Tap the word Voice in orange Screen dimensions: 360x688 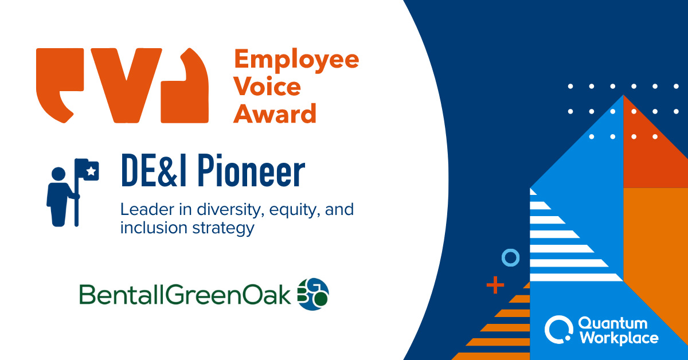pos(267,87)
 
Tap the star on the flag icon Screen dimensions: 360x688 pos(91,170)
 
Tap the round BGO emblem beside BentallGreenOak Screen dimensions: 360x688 pos(313,294)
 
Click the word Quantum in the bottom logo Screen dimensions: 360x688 pos(612,324)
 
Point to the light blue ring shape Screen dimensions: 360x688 pos(510,259)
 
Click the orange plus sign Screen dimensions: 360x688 pos(495,284)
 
